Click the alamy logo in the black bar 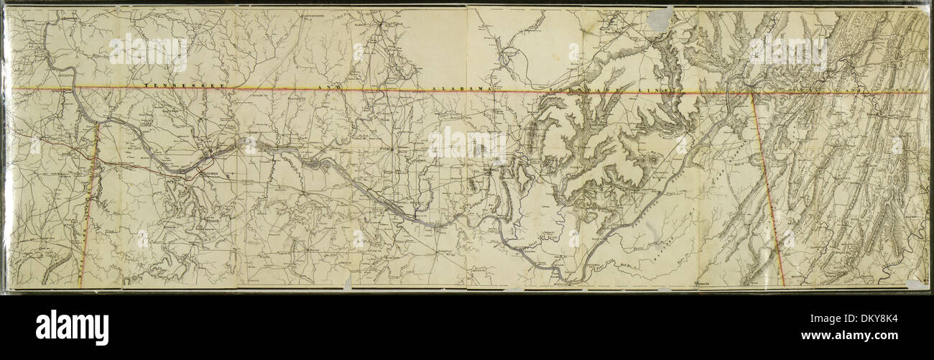click(72, 327)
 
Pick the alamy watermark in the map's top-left click(149, 52)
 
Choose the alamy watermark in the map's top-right click(787, 52)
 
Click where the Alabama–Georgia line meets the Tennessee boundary click(752, 92)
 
